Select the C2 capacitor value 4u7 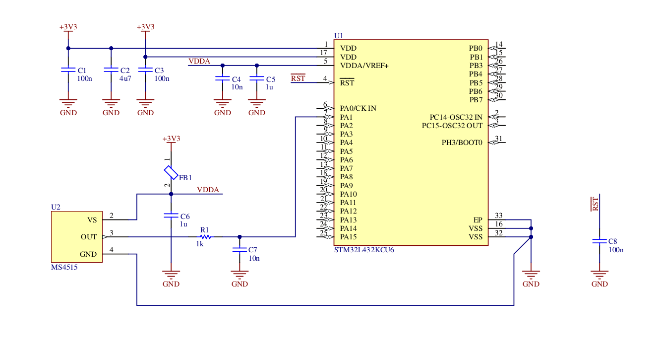click(x=125, y=78)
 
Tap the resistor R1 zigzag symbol click(x=205, y=237)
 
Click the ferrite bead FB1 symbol click(x=171, y=173)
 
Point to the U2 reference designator click(x=56, y=207)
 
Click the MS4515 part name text click(x=64, y=267)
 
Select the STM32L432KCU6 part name click(x=364, y=250)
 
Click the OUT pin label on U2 click(x=89, y=237)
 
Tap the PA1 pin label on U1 click(x=346, y=117)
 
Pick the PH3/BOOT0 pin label click(x=462, y=143)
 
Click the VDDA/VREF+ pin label click(x=364, y=66)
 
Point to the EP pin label click(x=478, y=220)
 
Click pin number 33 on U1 click(x=498, y=216)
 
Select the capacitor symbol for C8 click(x=599, y=241)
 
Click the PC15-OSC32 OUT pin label click(x=452, y=126)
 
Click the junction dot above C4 click(x=223, y=66)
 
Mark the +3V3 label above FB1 click(x=172, y=139)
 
